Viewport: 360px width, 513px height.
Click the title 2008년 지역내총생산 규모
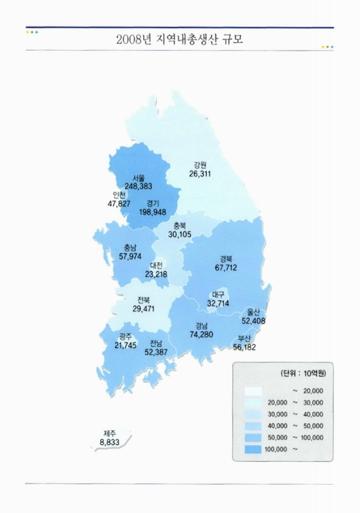tap(180, 40)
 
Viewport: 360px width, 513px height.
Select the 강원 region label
tap(200, 164)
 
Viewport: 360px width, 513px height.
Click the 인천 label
tap(119, 195)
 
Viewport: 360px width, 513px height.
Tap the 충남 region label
tap(130, 248)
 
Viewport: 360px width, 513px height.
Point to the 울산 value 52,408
tap(253, 321)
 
